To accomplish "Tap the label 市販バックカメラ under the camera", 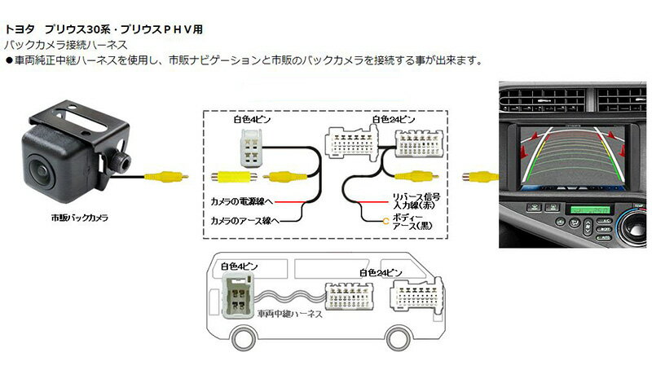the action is (x=80, y=218).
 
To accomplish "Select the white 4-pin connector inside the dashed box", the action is (x=252, y=148).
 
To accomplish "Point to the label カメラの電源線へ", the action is (x=241, y=201).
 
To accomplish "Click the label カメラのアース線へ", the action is (x=245, y=220).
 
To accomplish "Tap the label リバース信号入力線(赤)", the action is (x=416, y=201).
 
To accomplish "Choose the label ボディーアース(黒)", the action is (x=412, y=221).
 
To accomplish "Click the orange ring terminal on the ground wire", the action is (x=385, y=221).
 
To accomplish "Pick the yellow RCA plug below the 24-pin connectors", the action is (x=416, y=176).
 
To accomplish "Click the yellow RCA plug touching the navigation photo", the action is (x=480, y=176).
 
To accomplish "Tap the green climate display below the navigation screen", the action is (x=590, y=209).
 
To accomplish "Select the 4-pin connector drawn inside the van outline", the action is (x=238, y=295).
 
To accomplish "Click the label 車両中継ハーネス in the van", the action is (x=290, y=314).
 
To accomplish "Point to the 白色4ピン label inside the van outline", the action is (x=240, y=267).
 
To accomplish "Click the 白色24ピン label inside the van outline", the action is (x=381, y=273).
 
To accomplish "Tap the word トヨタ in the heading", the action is (x=20, y=29).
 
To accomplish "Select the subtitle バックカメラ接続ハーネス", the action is (x=65, y=45).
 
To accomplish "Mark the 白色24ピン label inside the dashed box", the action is (x=394, y=119).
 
